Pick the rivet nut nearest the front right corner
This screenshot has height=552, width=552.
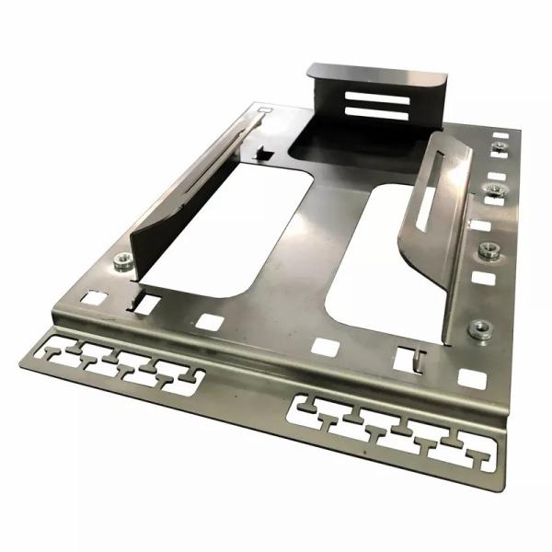click(478, 328)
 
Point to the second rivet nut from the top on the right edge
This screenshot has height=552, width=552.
click(495, 191)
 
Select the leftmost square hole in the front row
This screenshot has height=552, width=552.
click(93, 297)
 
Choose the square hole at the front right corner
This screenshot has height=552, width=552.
click(471, 377)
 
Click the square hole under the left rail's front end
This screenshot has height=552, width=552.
click(144, 303)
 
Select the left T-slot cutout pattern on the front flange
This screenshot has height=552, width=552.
click(120, 365)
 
